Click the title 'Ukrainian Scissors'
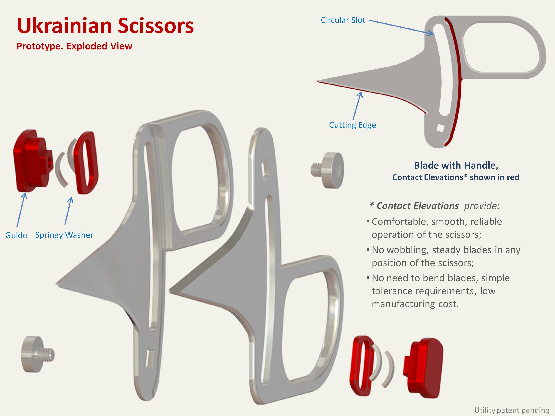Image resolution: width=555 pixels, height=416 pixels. click(105, 26)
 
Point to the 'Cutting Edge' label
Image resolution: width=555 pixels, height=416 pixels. click(353, 125)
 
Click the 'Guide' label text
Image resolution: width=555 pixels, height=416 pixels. click(16, 235)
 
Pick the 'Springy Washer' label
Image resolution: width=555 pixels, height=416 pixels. click(64, 235)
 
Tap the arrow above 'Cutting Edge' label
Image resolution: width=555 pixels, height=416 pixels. click(357, 105)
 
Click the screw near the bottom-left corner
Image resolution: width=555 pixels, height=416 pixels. click(36, 354)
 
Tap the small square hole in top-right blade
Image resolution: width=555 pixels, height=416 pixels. click(440, 128)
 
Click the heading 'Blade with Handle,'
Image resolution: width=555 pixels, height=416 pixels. click(456, 165)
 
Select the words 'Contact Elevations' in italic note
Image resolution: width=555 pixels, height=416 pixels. click(418, 206)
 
